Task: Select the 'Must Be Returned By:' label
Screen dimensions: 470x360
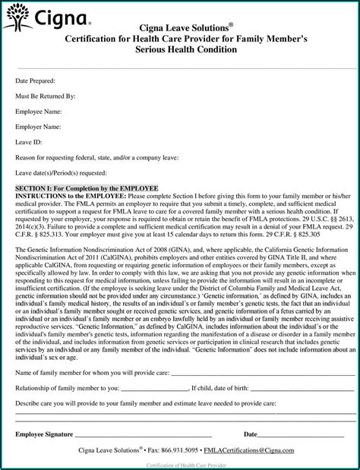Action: (46, 96)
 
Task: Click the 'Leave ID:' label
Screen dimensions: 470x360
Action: (30, 141)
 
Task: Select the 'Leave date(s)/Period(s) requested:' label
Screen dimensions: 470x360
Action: (62, 173)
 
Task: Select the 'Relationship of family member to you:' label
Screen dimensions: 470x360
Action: (68, 386)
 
